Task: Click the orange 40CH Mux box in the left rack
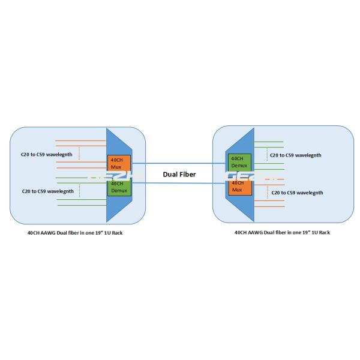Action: pos(116,162)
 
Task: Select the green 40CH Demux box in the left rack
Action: pos(116,187)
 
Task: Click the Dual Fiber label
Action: pos(179,175)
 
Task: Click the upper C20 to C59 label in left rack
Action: pos(47,154)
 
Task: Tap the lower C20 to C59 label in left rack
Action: pos(47,191)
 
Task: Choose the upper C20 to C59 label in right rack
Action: pos(295,155)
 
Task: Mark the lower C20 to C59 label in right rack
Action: pos(297,193)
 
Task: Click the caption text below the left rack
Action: pos(67,232)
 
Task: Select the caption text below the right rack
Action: pos(282,232)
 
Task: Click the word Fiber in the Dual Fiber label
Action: pos(189,175)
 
